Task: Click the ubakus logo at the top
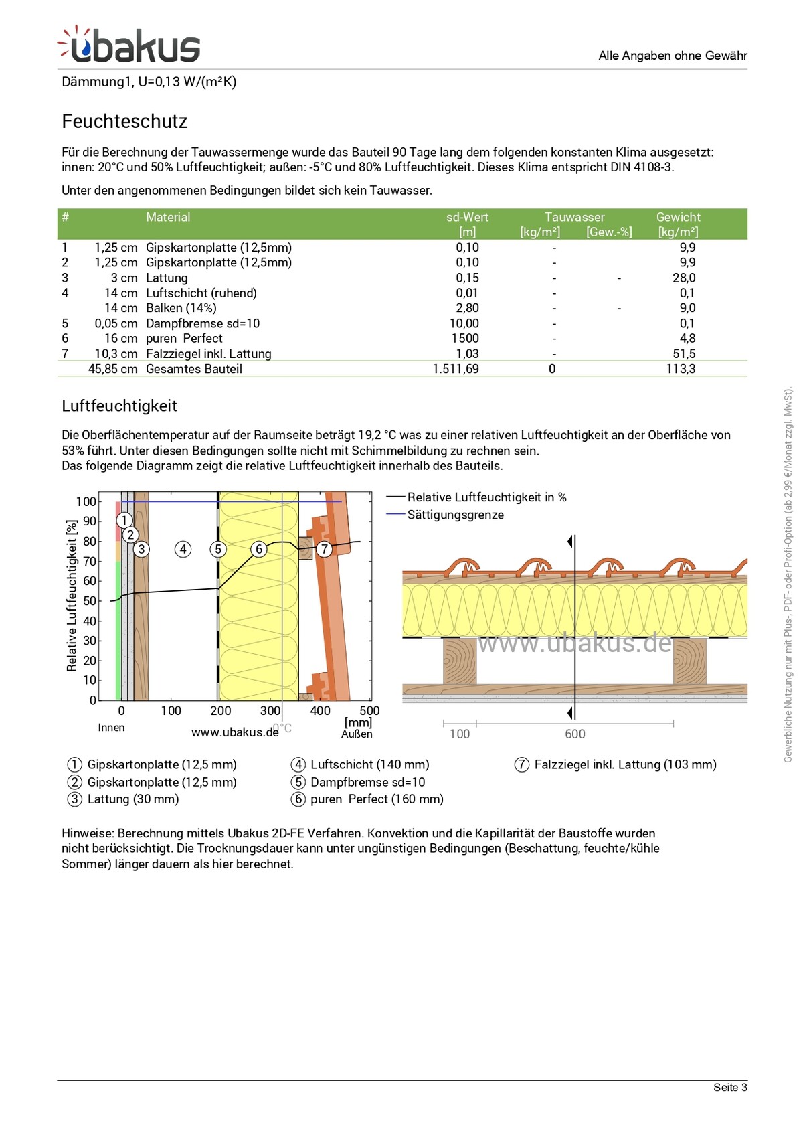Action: pos(129,46)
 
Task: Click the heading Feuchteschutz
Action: pos(124,121)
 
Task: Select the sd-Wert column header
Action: pos(467,217)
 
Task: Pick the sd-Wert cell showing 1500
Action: pos(465,338)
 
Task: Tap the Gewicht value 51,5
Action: pos(684,353)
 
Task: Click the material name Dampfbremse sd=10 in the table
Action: pos(203,323)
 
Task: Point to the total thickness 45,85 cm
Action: pos(113,369)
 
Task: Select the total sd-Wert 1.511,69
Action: pos(456,369)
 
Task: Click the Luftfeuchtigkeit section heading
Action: pos(119,406)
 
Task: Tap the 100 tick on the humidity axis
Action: pos(86,502)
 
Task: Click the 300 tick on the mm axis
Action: pos(270,711)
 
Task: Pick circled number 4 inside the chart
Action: pos(183,550)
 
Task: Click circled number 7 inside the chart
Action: pos(324,550)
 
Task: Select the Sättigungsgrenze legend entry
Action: pos(455,515)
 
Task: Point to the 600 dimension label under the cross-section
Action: pos(575,734)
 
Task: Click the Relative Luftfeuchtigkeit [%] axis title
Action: pos(72,595)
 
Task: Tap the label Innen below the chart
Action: pos(111,728)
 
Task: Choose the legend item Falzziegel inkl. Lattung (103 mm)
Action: pos(625,764)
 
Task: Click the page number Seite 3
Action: pos(730,1087)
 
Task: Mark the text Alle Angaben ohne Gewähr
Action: pos(673,56)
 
